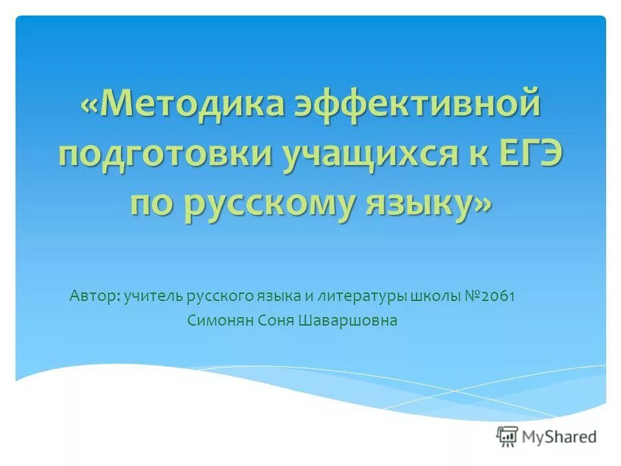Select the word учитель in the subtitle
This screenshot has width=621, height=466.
click(x=152, y=296)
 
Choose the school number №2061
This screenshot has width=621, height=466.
click(x=490, y=296)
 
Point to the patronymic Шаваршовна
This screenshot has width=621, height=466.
click(x=349, y=320)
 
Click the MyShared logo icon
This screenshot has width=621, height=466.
click(x=508, y=436)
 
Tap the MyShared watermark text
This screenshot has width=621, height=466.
click(x=560, y=437)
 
